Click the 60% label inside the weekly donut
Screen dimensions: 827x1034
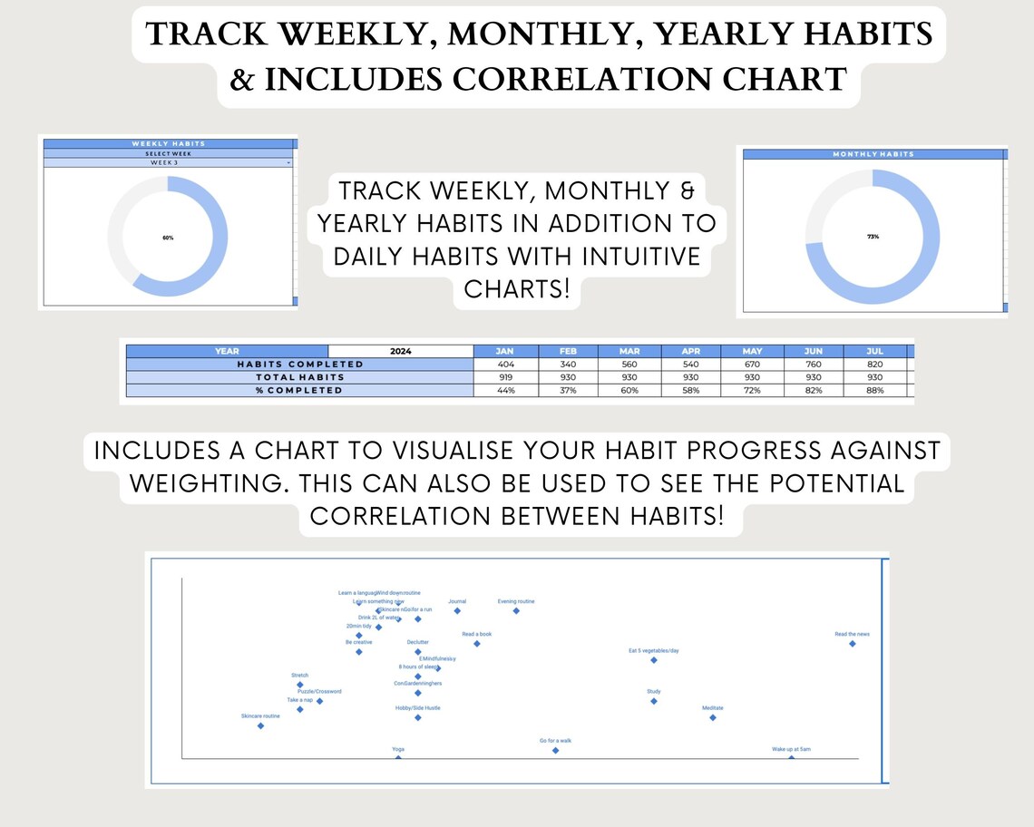[168, 238]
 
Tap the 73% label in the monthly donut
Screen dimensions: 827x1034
[873, 237]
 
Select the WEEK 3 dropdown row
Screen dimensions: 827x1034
[169, 162]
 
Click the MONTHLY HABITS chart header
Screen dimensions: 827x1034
[873, 154]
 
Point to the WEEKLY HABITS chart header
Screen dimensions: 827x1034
[169, 143]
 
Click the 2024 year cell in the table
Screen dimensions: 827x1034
[401, 351]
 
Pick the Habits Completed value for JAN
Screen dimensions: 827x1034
[506, 364]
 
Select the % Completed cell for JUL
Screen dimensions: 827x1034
[875, 390]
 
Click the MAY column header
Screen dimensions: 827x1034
[752, 351]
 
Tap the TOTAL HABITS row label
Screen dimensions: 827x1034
[299, 376]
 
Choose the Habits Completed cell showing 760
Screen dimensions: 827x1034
[814, 364]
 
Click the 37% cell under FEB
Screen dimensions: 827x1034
[568, 390]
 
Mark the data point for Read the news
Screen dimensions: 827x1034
[852, 644]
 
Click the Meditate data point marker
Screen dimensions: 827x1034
[712, 717]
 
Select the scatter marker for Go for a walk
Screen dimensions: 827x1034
[555, 750]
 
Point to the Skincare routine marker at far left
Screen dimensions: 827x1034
[260, 725]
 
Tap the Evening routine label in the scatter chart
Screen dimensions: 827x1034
[516, 601]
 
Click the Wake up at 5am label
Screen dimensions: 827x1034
[791, 750]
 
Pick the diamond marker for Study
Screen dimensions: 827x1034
[653, 701]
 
